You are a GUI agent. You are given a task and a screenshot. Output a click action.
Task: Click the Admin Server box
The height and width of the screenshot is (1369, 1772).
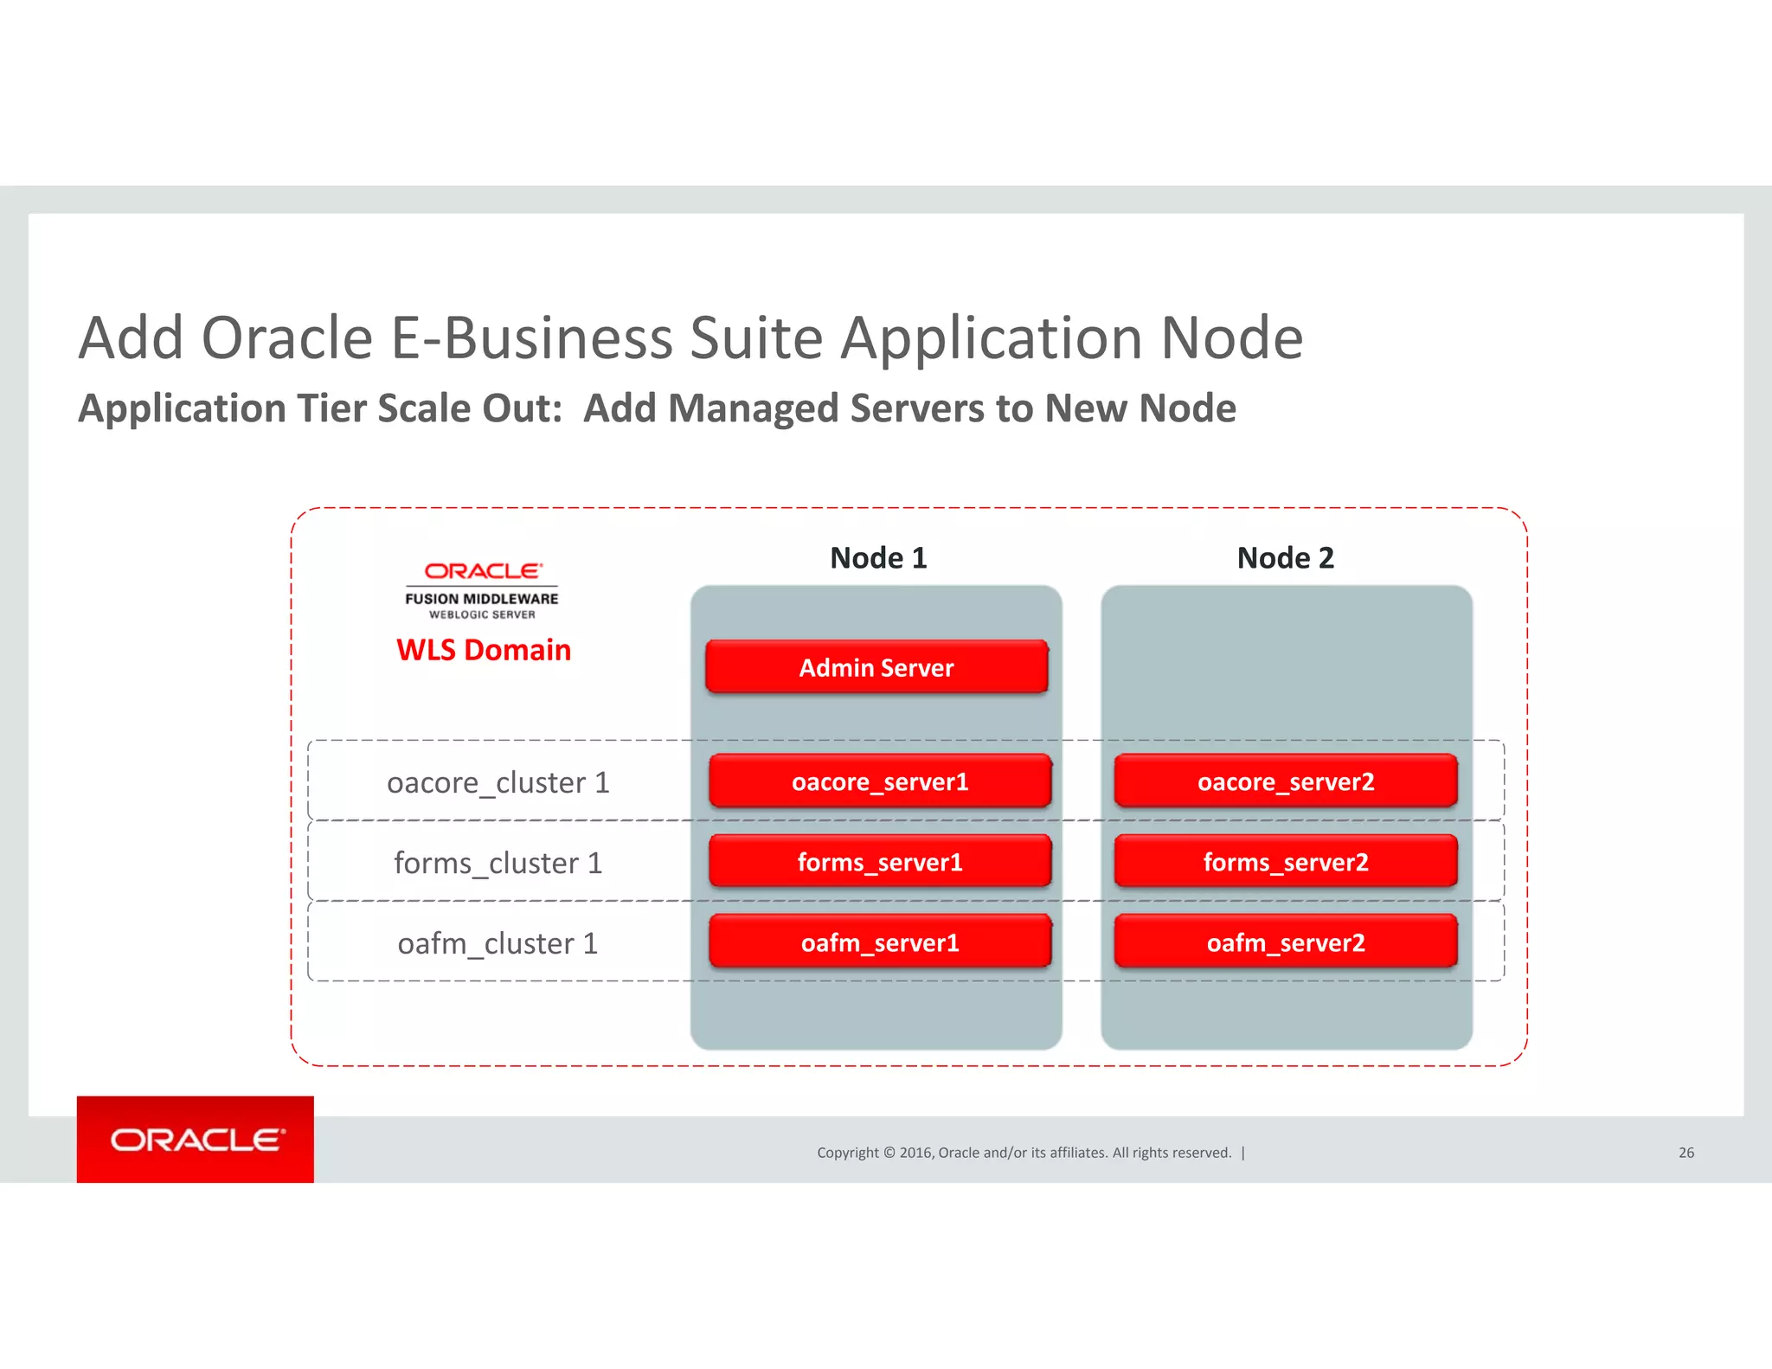pos(876,667)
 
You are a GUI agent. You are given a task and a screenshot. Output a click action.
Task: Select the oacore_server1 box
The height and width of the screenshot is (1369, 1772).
pos(880,781)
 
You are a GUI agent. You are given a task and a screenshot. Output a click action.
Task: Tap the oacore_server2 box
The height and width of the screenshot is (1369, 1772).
pos(1286,781)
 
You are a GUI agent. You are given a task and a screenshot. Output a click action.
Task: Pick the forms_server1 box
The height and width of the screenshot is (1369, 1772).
pos(880,862)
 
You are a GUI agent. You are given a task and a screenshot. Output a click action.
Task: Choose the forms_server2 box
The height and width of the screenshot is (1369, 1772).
pos(1286,862)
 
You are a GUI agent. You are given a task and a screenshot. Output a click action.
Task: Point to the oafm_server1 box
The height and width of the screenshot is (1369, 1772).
pos(880,942)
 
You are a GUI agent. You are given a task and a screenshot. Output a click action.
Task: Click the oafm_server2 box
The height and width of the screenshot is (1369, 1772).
pos(1286,942)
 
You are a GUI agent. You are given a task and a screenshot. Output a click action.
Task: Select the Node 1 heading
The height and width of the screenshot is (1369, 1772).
pos(878,558)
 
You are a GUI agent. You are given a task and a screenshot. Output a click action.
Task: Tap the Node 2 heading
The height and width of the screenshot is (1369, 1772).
pos(1286,558)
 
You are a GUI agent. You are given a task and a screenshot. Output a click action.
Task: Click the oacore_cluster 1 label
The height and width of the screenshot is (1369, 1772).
pos(498,782)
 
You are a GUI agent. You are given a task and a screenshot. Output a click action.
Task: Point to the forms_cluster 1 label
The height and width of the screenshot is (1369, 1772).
pos(498,863)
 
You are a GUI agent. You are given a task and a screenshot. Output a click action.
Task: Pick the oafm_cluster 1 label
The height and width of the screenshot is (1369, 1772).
pos(498,943)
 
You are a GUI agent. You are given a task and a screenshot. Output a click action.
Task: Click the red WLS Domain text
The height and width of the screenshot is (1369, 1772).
pos(484,650)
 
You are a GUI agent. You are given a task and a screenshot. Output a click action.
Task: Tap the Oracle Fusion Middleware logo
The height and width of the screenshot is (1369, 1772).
pos(482,591)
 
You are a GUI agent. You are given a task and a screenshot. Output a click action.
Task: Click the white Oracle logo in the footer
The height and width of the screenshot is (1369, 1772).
pos(196,1140)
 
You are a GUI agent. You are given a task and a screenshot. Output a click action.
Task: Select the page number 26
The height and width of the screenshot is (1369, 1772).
pos(1686,1153)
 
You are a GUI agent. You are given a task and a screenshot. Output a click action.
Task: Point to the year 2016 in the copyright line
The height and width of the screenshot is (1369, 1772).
pos(915,1153)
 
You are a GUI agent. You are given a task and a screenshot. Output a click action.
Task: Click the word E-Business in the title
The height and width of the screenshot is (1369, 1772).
pos(532,337)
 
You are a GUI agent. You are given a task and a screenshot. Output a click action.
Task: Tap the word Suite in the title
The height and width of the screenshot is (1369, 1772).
pos(756,337)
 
